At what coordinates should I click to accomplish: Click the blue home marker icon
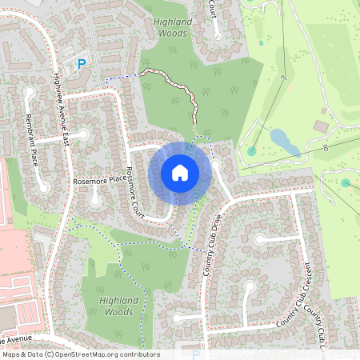tap(180, 173)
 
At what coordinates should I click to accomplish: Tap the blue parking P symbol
tap(80, 63)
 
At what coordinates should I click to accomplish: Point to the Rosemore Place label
tap(100, 180)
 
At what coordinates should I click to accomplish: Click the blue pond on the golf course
tap(285, 142)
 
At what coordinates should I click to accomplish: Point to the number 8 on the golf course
tap(326, 148)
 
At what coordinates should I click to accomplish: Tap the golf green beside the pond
tap(252, 150)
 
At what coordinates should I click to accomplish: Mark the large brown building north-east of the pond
tap(321, 126)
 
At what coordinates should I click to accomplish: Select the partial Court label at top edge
tap(214, 9)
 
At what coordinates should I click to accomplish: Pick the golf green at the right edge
tap(346, 183)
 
